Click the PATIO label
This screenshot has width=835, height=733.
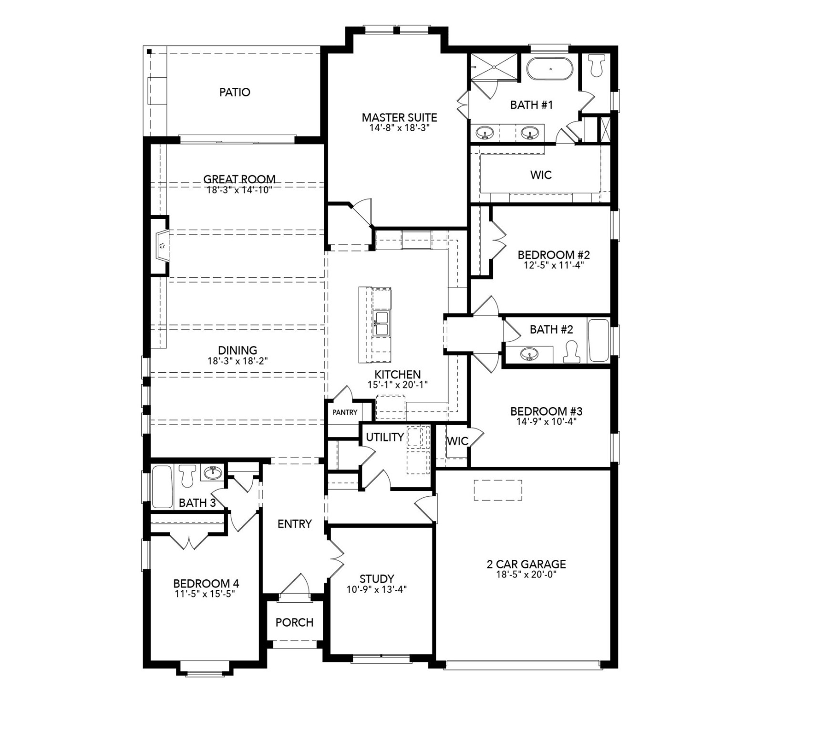[x=235, y=92]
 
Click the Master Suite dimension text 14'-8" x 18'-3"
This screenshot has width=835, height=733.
[x=399, y=128]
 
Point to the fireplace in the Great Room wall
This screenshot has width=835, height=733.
[x=162, y=246]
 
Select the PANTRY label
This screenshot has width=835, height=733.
[x=345, y=412]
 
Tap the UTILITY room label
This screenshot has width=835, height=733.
[x=384, y=437]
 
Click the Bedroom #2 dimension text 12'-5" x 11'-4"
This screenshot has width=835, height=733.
[x=554, y=265]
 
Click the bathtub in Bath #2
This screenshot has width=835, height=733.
[x=599, y=341]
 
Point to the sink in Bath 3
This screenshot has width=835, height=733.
[x=213, y=472]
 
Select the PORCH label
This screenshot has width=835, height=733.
[x=294, y=622]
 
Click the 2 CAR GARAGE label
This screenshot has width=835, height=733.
[x=526, y=564]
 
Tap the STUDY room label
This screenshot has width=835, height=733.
[x=377, y=579]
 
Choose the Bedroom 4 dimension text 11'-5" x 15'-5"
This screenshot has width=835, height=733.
[x=206, y=594]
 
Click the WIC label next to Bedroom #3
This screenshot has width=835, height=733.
[x=457, y=441]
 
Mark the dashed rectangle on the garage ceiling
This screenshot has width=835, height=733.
[x=497, y=490]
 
